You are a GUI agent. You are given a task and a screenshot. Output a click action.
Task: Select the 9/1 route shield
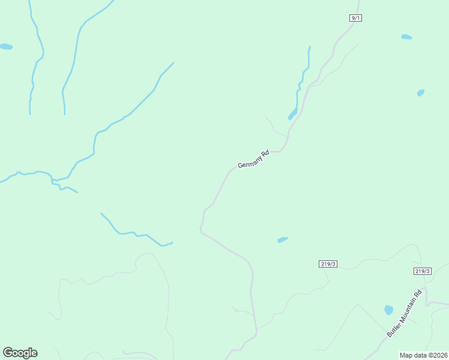click(x=355, y=18)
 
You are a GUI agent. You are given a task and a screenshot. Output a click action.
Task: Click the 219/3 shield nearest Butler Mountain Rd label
click(x=423, y=271)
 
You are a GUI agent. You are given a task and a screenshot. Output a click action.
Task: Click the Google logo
click(x=20, y=353)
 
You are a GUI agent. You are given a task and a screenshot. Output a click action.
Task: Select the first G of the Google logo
click(x=7, y=353)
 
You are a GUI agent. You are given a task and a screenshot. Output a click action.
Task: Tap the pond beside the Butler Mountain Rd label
click(x=388, y=310)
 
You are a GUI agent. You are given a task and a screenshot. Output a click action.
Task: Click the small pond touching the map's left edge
click(x=5, y=46)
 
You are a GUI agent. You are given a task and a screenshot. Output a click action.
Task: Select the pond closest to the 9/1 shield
click(x=406, y=37)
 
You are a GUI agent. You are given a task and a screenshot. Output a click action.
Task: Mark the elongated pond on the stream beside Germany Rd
click(x=293, y=114)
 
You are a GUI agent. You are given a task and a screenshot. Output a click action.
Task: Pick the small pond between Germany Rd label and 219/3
click(x=283, y=240)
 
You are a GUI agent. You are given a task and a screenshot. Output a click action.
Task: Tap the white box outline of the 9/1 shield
click(x=350, y=18)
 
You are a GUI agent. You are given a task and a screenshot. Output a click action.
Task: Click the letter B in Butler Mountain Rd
click(x=389, y=334)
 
